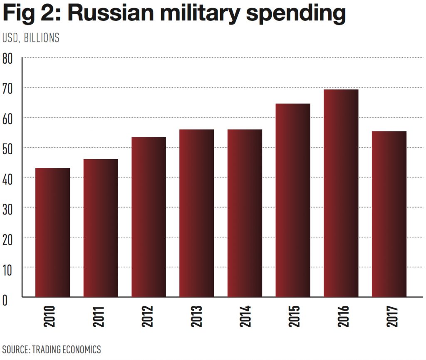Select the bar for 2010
click(52, 232)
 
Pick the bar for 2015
click(293, 200)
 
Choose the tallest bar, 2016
click(341, 193)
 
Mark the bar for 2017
click(389, 214)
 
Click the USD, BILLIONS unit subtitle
click(31, 38)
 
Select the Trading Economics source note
click(52, 349)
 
